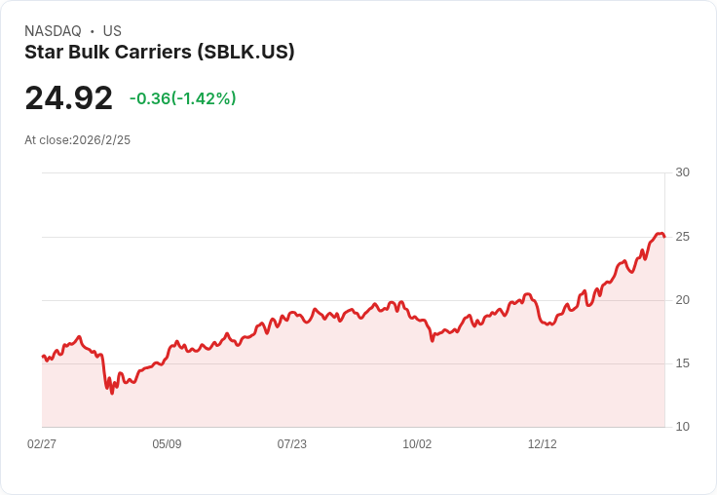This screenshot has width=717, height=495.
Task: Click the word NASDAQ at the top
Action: coord(53,31)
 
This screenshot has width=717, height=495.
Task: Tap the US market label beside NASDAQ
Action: coord(112,31)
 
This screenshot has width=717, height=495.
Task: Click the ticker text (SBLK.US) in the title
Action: coord(245,53)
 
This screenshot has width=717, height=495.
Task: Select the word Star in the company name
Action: coord(43,53)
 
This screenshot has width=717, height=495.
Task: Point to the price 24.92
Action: coord(68,98)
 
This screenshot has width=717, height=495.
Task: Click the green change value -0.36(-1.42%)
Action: coord(183,98)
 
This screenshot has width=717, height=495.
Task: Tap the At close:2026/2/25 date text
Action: coord(78,140)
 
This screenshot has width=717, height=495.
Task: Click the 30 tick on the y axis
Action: coord(682,172)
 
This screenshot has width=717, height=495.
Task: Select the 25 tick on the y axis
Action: coord(682,237)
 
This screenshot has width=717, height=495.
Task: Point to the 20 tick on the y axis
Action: coord(682,300)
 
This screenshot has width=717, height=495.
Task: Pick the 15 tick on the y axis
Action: coord(682,363)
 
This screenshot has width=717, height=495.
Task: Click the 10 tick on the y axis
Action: coord(682,427)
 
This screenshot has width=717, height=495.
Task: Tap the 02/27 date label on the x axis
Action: coord(42,444)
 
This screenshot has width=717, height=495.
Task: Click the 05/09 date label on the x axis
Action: coord(167,444)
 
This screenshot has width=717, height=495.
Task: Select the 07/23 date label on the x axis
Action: coord(292,444)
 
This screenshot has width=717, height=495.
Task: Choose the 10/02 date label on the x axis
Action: coord(417,444)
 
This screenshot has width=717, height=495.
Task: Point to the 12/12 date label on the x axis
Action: coord(543,444)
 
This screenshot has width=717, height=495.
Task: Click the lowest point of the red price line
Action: coord(112,393)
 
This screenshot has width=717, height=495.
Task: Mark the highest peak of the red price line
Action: coord(660,233)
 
